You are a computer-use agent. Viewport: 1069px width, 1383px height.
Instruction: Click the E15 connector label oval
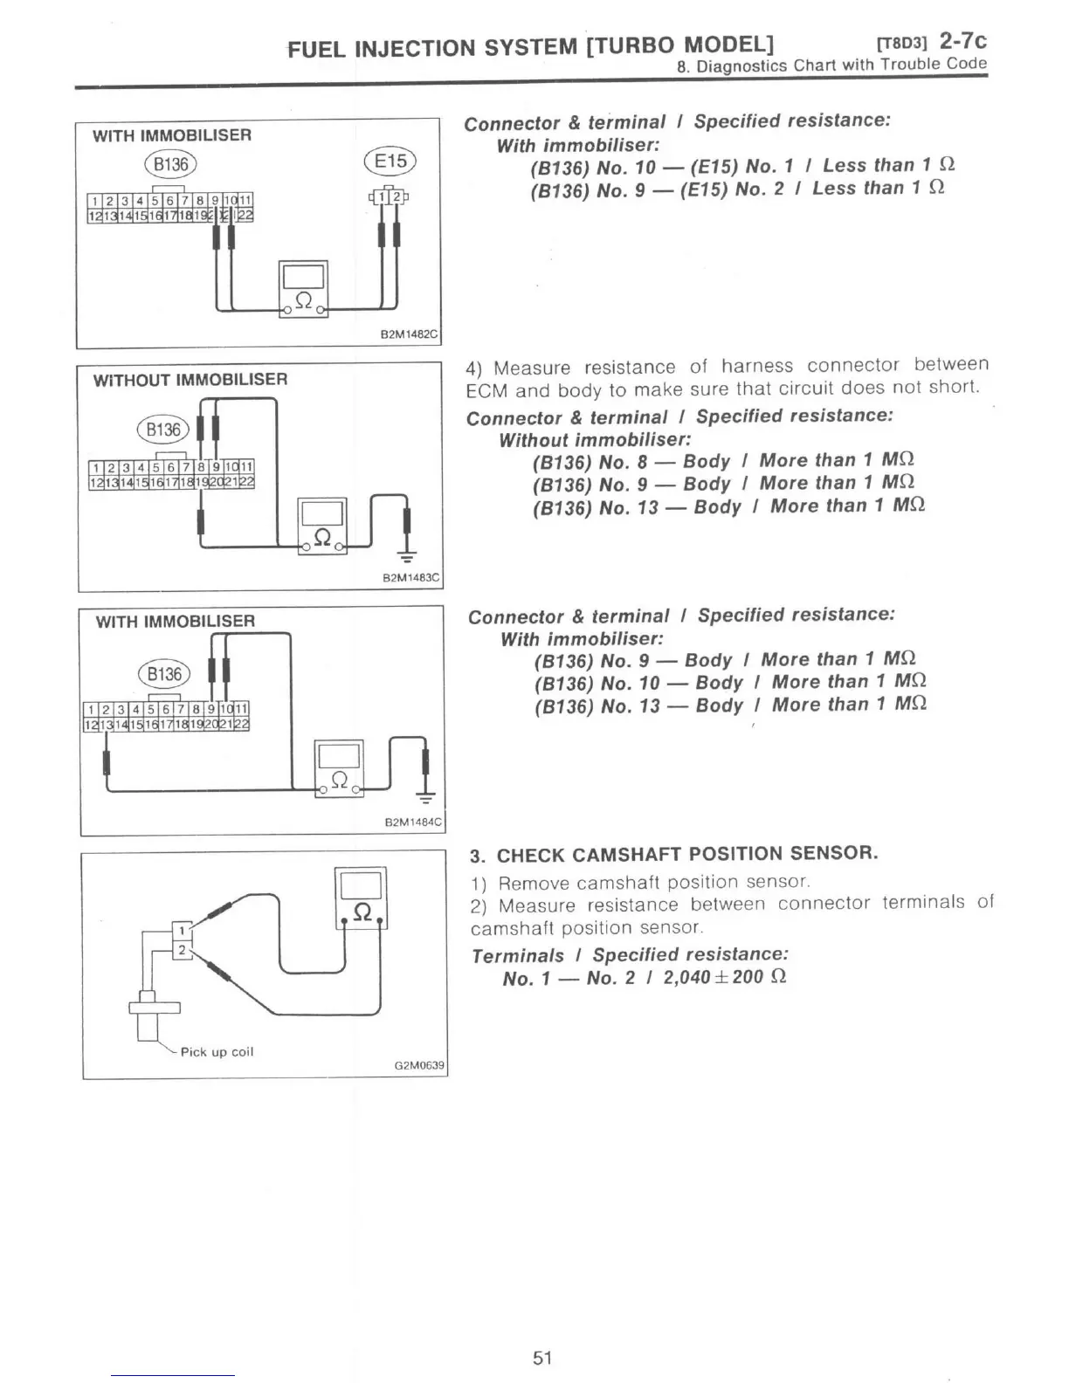[390, 162]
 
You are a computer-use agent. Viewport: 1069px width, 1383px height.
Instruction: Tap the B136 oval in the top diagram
[171, 164]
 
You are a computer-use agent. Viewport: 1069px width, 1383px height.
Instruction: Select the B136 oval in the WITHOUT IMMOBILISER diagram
[163, 430]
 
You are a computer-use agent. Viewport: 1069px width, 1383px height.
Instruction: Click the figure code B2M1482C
[410, 334]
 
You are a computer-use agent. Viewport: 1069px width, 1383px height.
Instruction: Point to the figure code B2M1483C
[411, 578]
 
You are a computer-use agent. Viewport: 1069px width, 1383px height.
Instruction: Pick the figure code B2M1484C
[413, 822]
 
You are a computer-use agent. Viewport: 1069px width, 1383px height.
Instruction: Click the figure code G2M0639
[419, 1065]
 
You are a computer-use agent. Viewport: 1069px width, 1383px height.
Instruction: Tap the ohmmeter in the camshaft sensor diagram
[361, 898]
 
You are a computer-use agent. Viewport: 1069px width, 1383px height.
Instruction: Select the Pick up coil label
[217, 1052]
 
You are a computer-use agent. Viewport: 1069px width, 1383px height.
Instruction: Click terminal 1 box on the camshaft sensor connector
[182, 931]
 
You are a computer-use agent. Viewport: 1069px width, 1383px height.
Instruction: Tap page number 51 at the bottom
[542, 1357]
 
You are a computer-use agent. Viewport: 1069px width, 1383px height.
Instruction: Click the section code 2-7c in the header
[962, 40]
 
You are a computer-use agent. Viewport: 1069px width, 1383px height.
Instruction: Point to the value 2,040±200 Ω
[725, 977]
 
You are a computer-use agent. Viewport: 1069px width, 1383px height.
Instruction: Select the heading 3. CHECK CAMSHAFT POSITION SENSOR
[673, 854]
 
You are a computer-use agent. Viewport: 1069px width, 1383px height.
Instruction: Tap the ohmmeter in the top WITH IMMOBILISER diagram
[303, 289]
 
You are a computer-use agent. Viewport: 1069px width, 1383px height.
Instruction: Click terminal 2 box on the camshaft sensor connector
[182, 950]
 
